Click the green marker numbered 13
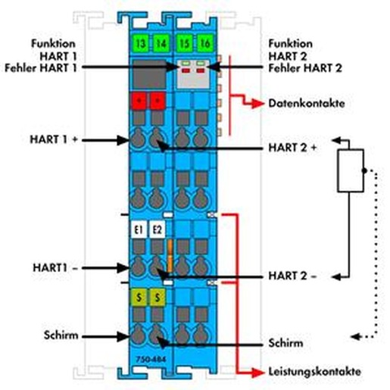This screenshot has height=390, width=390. coord(141,43)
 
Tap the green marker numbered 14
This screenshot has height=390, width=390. coord(161,43)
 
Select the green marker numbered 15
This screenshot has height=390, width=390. coord(185,43)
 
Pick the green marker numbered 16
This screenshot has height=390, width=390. coord(204,43)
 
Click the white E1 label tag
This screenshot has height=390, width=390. coord(139,229)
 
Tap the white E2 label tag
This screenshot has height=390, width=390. coord(158,229)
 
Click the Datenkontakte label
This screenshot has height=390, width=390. coord(307,103)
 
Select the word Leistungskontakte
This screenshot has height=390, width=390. coord(314,372)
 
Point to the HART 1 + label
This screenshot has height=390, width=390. coord(54,139)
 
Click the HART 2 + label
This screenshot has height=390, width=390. coord(292,148)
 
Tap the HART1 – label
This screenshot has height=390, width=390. coord(55,268)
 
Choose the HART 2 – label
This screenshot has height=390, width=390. coord(292,276)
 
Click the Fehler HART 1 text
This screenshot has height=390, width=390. coord(41,68)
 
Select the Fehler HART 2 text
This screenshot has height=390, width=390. coord(305,68)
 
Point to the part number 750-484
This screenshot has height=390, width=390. coord(151,359)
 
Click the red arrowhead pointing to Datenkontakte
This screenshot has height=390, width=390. coord(257,104)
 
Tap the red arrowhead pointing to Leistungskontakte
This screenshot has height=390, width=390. coord(257,372)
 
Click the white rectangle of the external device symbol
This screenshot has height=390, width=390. coord(351,170)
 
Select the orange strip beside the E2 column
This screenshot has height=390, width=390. coord(170,256)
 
